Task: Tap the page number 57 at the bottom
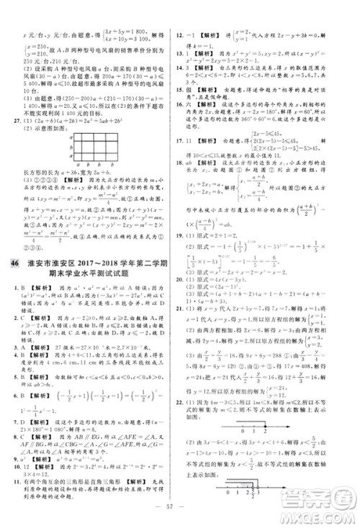(179, 514)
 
